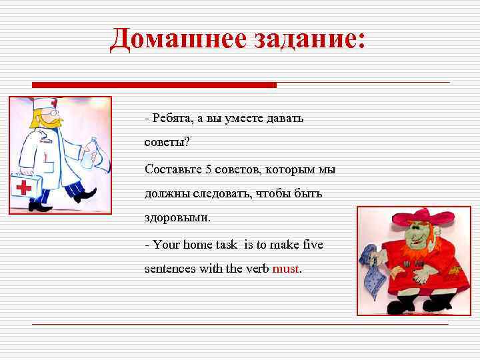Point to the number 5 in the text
209,169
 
